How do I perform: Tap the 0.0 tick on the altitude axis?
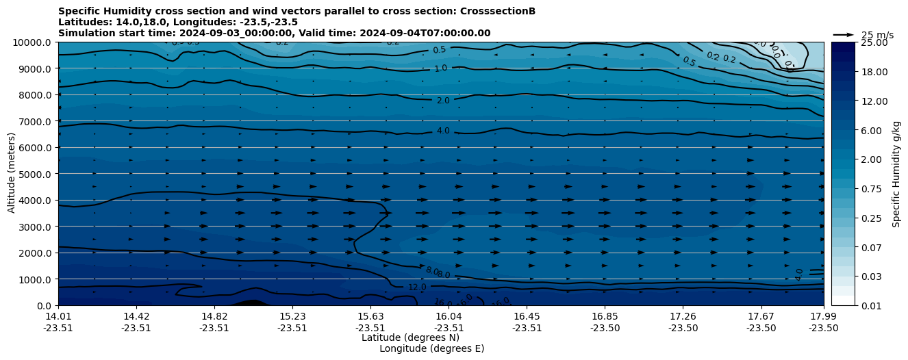tap(45, 305)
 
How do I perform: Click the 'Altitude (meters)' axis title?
tap(12, 174)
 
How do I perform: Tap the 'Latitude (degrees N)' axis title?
tap(410, 337)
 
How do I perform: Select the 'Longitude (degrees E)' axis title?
tap(431, 348)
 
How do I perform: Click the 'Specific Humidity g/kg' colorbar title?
tap(896, 174)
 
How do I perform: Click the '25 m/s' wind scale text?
tap(877, 35)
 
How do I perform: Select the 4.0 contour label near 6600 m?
tap(443, 131)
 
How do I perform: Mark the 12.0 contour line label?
tap(417, 287)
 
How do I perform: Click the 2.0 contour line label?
tap(443, 101)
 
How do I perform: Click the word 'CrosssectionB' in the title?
tap(498, 11)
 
